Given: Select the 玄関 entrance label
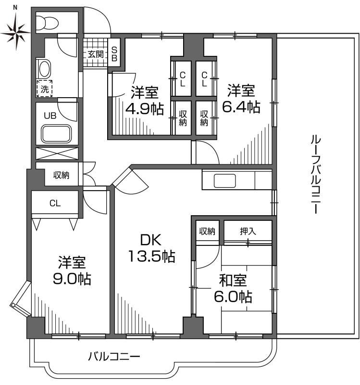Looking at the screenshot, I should [x=95, y=54].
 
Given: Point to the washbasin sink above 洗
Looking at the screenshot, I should [x=45, y=68].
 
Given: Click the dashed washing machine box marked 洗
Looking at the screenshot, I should [x=44, y=89].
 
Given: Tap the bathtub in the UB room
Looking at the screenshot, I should [x=57, y=133].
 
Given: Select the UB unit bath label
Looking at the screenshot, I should [x=50, y=115].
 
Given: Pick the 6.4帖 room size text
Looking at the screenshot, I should [x=241, y=106].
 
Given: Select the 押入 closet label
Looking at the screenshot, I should [x=248, y=231].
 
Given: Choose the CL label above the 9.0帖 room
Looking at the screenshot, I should [x=55, y=203].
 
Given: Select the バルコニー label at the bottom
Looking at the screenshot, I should [x=114, y=357].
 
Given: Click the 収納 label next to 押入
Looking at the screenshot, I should [x=208, y=231].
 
